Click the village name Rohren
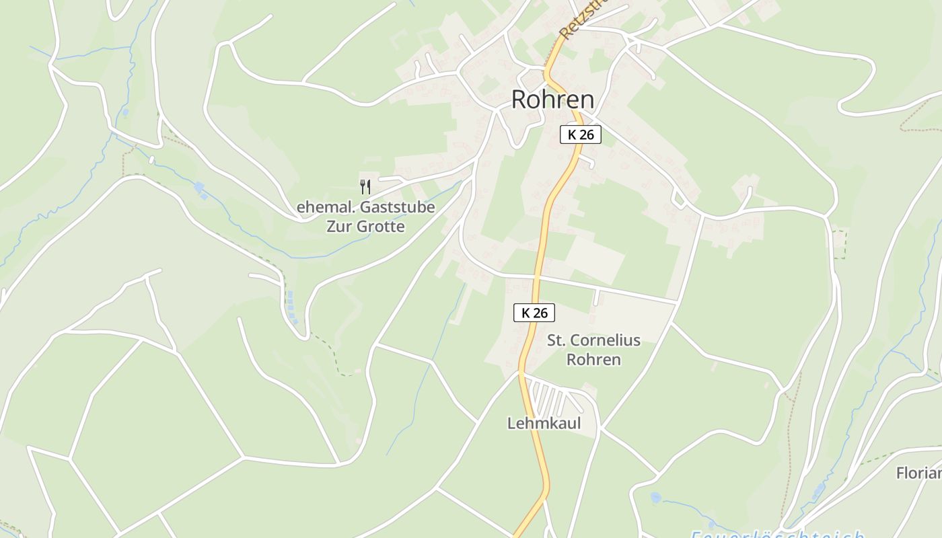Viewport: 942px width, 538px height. [552, 100]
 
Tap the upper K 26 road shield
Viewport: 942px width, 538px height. [580, 134]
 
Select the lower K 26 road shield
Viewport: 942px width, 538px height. [534, 313]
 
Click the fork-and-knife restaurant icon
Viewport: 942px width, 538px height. [365, 186]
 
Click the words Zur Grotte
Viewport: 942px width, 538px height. [365, 227]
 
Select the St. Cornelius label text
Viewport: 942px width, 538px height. [593, 340]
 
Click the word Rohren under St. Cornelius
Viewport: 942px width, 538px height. [593, 360]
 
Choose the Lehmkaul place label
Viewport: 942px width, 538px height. [544, 424]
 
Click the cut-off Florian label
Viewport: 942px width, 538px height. [919, 473]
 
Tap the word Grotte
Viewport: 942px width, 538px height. [381, 227]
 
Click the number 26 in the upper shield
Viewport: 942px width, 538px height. [586, 134]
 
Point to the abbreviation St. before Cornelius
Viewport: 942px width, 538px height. [556, 340]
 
